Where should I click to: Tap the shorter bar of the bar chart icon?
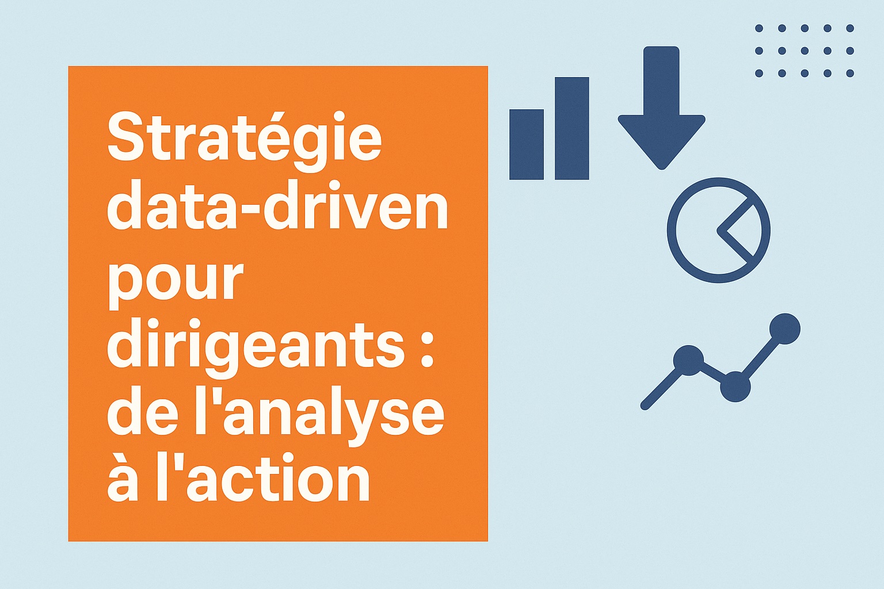pos(527,144)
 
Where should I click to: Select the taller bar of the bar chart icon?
pos(572,128)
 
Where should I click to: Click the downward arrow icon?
pos(661,108)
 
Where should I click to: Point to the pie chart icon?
pos(718,230)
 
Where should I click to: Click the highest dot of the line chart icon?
pos(785,328)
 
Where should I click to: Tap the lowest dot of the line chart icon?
pos(735,387)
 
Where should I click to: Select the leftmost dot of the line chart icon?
pos(688,360)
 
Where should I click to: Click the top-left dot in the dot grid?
pos(759,28)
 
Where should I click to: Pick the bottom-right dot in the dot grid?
pos(850,73)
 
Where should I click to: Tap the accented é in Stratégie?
pos(270,143)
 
